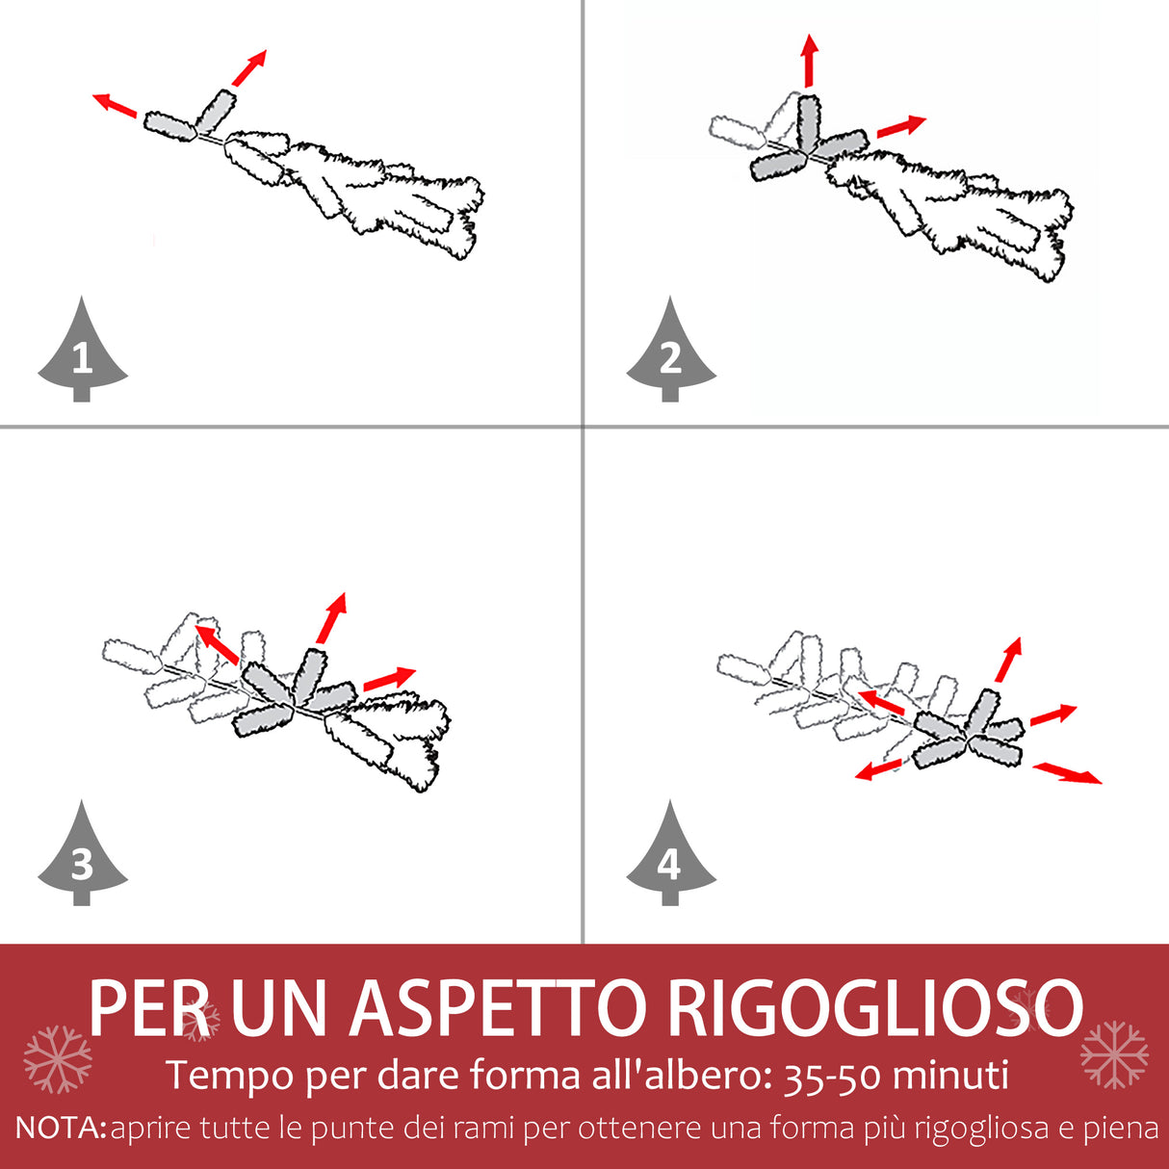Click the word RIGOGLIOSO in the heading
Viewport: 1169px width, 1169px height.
click(x=875, y=1007)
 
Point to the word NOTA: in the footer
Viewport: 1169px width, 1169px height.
click(x=61, y=1128)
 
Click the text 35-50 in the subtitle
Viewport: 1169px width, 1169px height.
click(x=832, y=1076)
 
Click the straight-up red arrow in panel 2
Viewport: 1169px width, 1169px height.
click(x=809, y=61)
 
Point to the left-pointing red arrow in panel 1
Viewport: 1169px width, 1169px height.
click(x=115, y=106)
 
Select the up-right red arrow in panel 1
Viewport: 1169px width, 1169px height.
click(x=248, y=68)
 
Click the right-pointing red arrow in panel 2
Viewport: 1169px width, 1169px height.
click(x=901, y=126)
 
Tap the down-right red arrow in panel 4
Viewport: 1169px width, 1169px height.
click(x=1067, y=773)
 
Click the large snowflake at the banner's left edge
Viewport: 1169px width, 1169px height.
click(x=58, y=1060)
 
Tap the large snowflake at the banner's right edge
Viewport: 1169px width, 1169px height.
click(x=1114, y=1055)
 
